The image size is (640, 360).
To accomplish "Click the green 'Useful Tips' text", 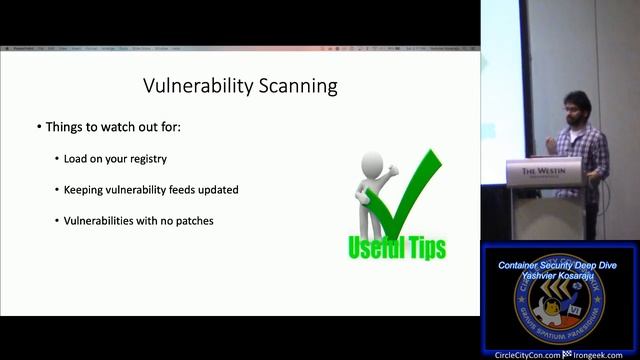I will pyautogui.click(x=396, y=246).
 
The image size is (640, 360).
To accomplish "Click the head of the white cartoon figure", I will pyautogui.click(x=372, y=162).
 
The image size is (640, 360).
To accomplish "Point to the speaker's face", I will pyautogui.click(x=572, y=104).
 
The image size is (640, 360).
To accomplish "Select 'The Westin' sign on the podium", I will pyautogui.click(x=542, y=171).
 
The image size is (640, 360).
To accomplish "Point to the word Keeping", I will pyautogui.click(x=83, y=189).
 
